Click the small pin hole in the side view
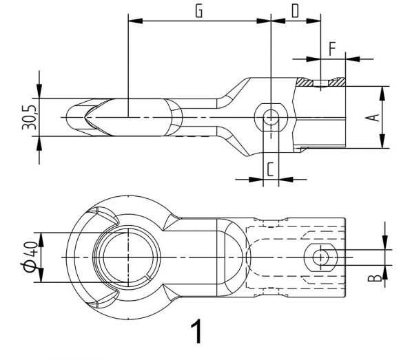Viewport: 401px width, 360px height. (x=272, y=116)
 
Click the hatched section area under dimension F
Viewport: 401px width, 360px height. (x=309, y=82)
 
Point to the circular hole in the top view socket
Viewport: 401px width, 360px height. (x=320, y=257)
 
